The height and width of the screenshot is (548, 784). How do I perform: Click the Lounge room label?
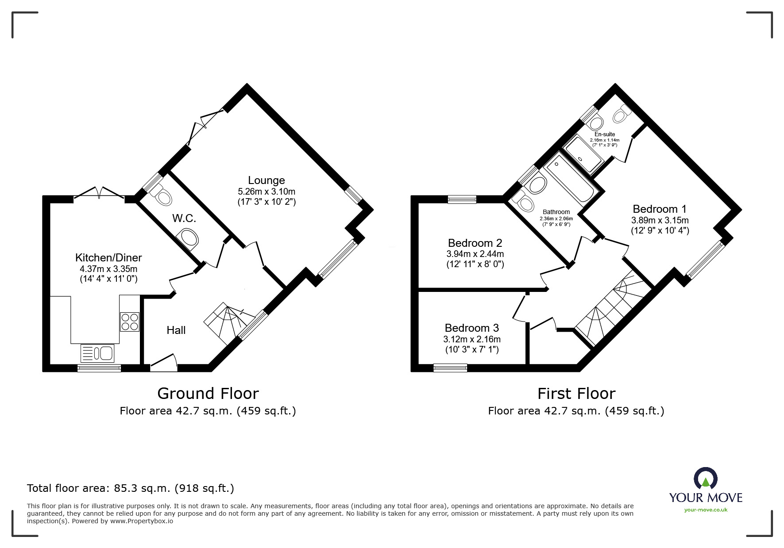266,180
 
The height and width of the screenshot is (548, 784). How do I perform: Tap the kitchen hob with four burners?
129,322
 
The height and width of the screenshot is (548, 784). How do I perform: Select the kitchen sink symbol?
97,353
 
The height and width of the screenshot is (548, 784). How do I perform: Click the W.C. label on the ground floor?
184,218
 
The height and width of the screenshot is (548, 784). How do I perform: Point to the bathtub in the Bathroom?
570,182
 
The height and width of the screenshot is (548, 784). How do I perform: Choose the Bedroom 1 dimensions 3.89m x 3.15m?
660,220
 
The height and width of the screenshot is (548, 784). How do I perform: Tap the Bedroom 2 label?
475,243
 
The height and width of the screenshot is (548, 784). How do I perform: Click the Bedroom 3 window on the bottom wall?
450,368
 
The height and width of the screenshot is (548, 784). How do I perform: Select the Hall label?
176,330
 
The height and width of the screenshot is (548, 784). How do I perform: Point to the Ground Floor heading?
208,393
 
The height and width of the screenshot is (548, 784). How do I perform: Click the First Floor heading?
576,393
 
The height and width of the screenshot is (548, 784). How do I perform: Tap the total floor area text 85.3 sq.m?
130,488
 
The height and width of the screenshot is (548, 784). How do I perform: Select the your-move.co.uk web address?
706,510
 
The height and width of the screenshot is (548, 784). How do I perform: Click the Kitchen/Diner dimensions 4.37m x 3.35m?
108,269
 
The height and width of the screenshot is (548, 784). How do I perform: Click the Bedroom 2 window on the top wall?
462,199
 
